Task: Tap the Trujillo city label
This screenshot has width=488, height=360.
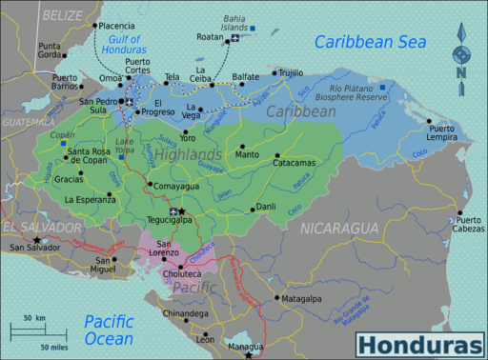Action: [292, 72]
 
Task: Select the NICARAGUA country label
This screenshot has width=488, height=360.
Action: [339, 229]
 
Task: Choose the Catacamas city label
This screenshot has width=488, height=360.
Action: [299, 163]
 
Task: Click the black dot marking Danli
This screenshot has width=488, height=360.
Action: [253, 209]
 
